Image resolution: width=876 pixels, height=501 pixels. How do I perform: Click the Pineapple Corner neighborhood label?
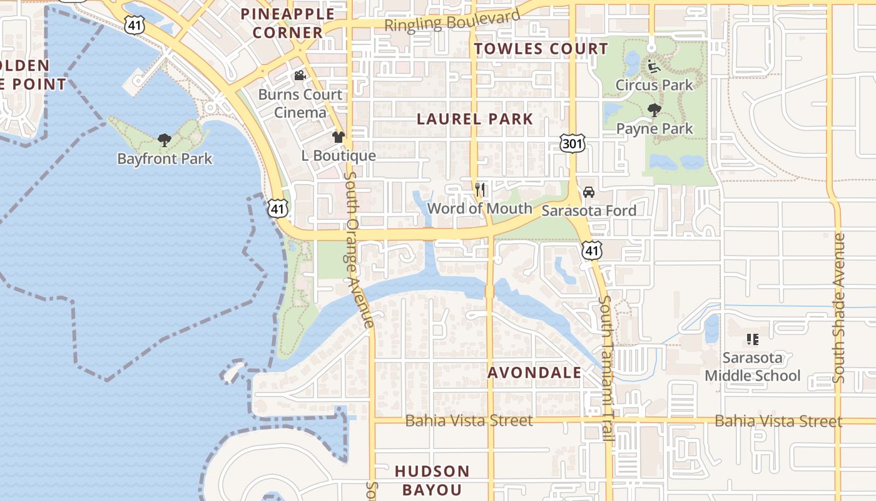[x=288, y=23]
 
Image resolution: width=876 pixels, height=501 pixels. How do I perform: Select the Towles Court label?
[x=541, y=49]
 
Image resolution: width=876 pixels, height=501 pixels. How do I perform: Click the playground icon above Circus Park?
[x=654, y=66]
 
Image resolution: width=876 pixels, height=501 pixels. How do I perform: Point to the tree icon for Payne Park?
[x=654, y=111]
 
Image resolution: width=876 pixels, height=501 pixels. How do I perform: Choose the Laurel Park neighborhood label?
[x=475, y=119]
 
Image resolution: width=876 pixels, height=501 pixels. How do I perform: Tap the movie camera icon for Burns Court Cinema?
[x=300, y=76]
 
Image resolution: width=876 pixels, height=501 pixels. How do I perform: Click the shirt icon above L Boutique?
[x=339, y=137]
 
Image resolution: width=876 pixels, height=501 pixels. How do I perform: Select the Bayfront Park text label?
[x=165, y=159]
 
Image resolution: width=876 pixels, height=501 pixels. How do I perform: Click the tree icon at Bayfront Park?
[x=165, y=140]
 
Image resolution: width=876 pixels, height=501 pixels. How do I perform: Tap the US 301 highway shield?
[x=573, y=144]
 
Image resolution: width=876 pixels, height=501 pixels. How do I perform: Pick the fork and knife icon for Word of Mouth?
[x=480, y=189]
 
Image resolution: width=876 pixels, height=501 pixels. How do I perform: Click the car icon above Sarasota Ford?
[x=588, y=192]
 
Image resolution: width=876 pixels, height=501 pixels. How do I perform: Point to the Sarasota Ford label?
[x=588, y=210]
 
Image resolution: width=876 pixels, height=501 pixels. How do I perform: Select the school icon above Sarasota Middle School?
[x=753, y=340]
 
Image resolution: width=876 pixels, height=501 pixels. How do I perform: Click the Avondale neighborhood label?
[x=534, y=373]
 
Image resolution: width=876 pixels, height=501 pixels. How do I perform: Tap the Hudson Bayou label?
[x=432, y=480]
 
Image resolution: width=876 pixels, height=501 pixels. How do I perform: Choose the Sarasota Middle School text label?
[x=753, y=367]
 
